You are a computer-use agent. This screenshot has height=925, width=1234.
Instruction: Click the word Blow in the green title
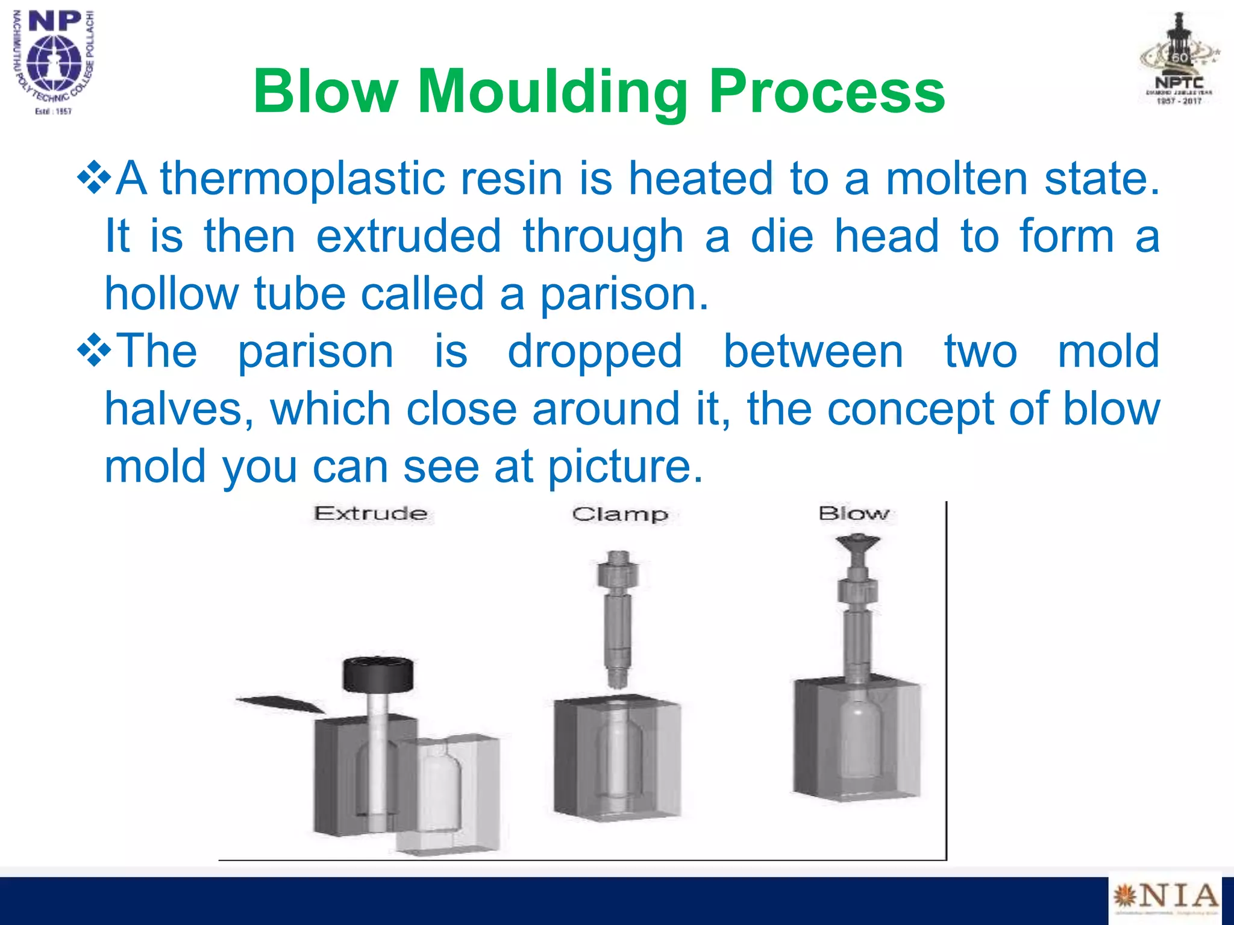tap(325, 92)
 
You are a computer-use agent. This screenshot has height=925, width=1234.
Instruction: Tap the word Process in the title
tap(827, 92)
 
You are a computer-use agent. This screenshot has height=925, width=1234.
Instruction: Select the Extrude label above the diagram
tap(371, 514)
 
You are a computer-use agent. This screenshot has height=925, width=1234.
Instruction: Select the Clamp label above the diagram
tap(620, 514)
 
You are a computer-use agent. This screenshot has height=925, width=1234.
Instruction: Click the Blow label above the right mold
tap(854, 514)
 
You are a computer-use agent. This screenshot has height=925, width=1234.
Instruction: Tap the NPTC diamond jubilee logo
tap(1179, 60)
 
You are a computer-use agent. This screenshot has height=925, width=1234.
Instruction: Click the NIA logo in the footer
tap(1165, 898)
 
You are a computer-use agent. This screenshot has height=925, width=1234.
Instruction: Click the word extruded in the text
tap(409, 236)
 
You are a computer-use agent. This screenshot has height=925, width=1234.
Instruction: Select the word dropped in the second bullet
tap(595, 351)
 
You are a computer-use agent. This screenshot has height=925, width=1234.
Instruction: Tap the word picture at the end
tap(625, 466)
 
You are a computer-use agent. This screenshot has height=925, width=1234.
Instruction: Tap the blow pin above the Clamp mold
tap(617, 617)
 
